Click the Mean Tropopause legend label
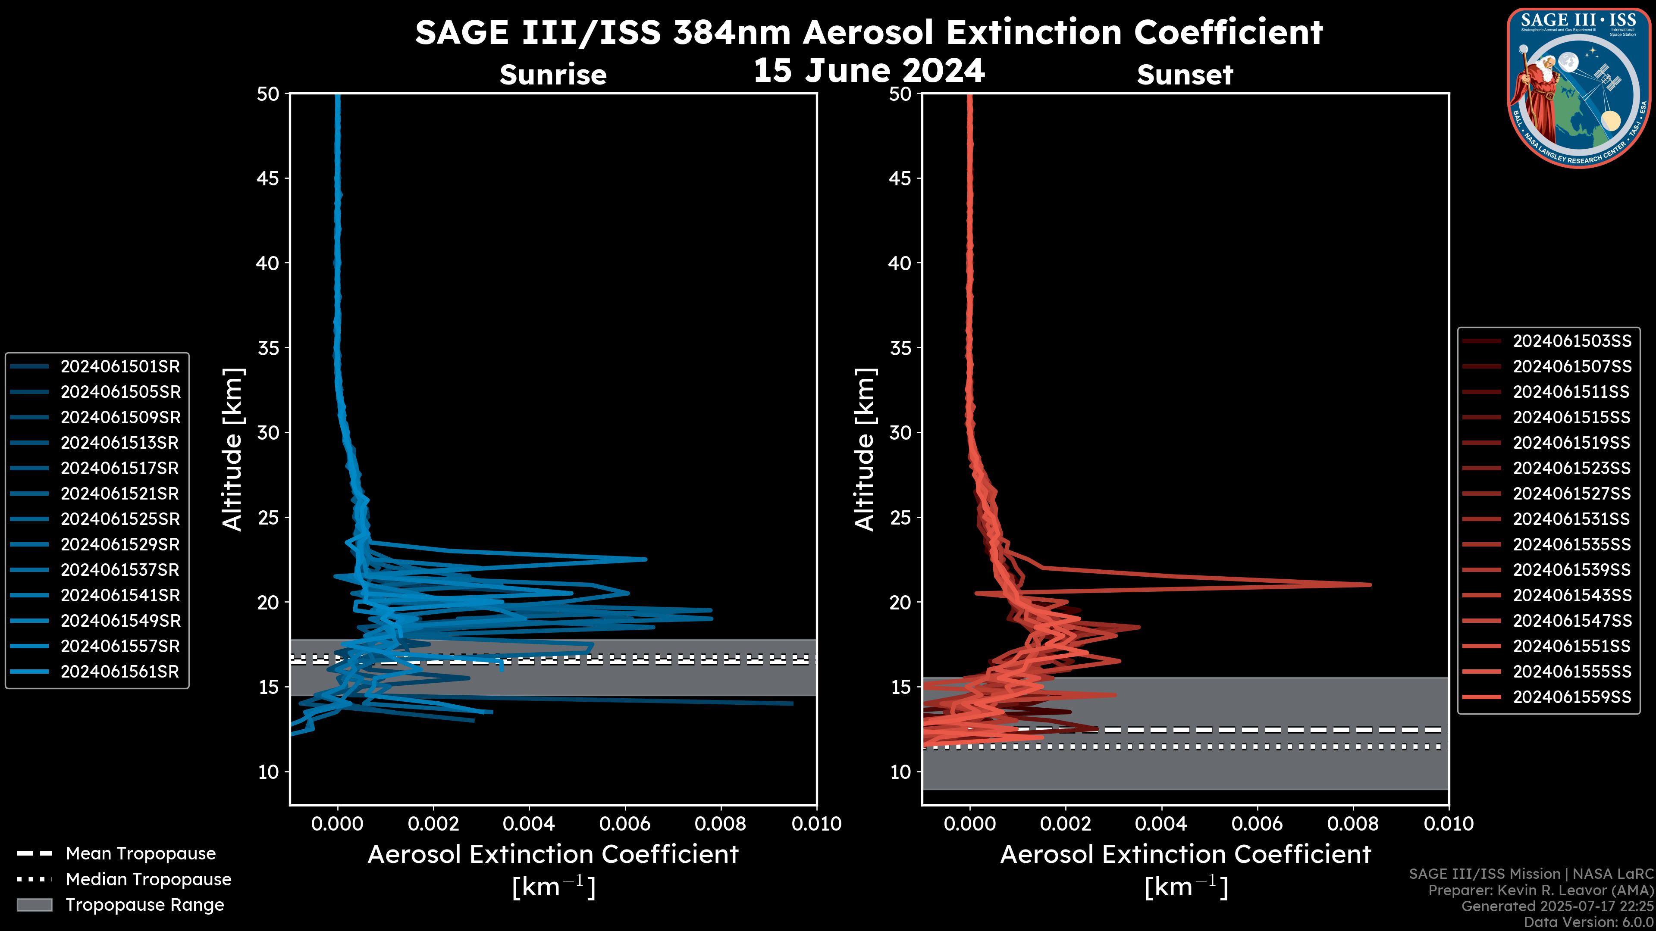tap(141, 853)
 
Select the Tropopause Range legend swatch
tap(34, 905)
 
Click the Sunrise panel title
tap(553, 75)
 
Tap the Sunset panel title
tap(1185, 75)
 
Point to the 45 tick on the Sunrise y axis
tap(268, 178)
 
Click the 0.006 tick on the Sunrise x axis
tap(625, 824)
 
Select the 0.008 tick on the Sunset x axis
tap(1353, 824)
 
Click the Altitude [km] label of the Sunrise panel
tap(232, 449)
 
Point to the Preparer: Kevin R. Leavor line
tap(1541, 890)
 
